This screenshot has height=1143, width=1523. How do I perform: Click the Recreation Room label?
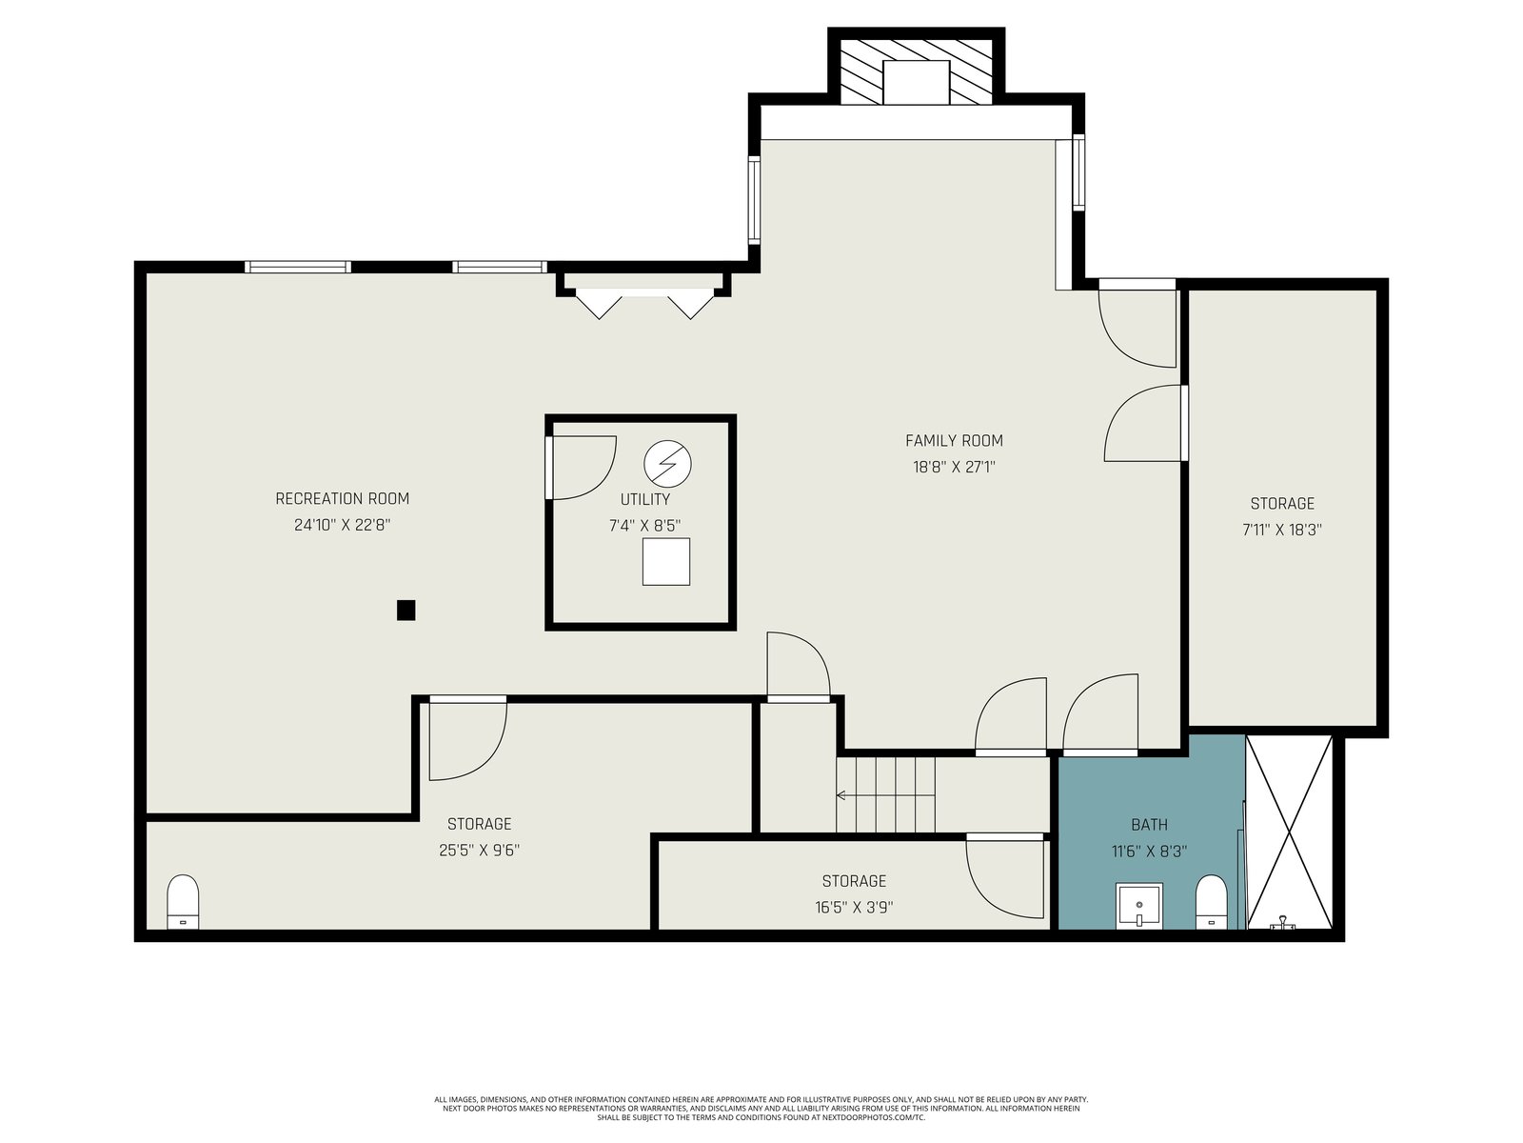(x=342, y=498)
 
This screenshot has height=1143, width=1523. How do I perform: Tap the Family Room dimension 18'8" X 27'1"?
(x=954, y=467)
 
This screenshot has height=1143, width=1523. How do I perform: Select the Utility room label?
(x=644, y=499)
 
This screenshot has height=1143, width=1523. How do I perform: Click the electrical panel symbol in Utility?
(x=667, y=463)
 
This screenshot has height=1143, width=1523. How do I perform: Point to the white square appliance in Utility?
(x=665, y=561)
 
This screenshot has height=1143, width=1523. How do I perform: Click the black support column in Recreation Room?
(x=405, y=610)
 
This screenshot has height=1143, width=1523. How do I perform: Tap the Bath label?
(x=1149, y=825)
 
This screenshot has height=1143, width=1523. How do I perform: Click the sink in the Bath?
(x=1138, y=906)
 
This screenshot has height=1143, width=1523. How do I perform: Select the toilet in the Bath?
(x=1212, y=901)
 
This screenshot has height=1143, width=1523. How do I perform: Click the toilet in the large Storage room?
(x=183, y=901)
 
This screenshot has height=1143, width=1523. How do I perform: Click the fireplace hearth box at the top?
(x=916, y=82)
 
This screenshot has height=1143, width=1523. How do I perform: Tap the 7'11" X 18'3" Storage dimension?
(x=1281, y=531)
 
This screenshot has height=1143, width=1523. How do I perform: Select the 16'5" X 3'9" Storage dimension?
(x=854, y=907)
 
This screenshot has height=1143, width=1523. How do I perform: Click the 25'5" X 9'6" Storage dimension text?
(x=479, y=851)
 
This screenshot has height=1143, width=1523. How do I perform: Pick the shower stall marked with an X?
(x=1289, y=832)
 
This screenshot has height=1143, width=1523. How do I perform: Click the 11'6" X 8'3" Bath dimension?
(x=1149, y=851)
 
